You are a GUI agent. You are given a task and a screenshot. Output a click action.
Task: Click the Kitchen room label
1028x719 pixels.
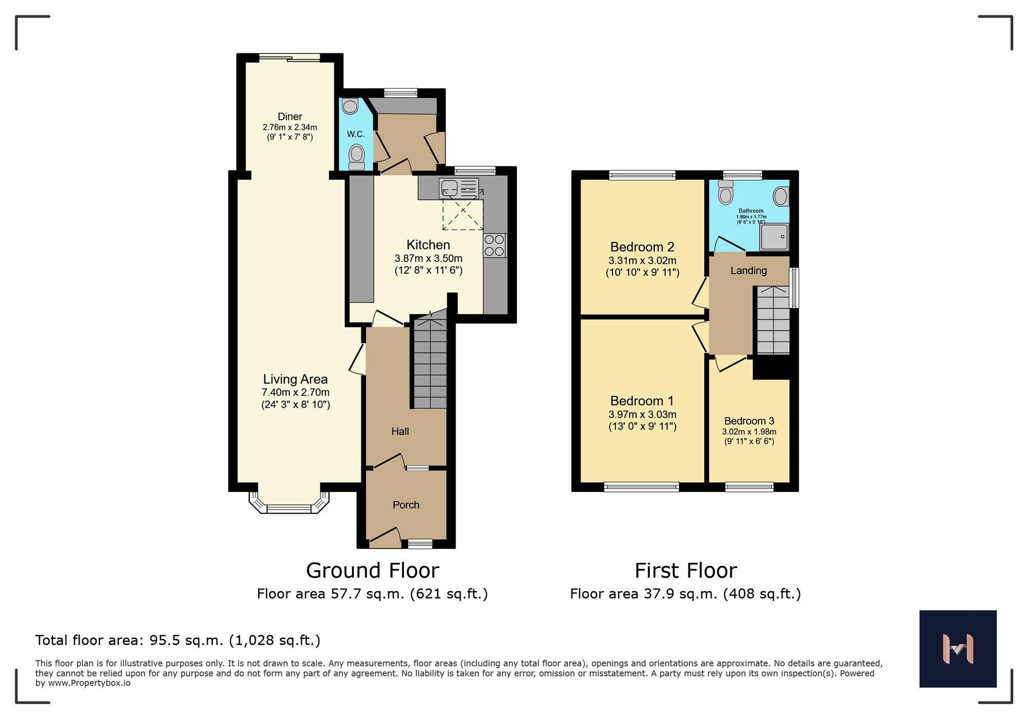tap(428, 245)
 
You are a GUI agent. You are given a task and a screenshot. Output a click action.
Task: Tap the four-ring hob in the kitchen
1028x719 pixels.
tap(494, 245)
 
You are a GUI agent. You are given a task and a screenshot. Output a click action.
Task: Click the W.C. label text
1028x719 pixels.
tap(356, 135)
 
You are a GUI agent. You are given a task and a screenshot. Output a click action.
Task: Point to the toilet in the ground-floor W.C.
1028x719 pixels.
tap(357, 157)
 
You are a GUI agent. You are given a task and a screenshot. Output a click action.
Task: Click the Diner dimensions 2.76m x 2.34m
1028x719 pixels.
tap(290, 127)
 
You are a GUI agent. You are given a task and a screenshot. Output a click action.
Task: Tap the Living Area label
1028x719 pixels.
tap(295, 380)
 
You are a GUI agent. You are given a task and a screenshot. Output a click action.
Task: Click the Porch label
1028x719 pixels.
tap(406, 505)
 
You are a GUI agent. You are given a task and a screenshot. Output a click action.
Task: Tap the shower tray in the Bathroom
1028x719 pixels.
tap(774, 237)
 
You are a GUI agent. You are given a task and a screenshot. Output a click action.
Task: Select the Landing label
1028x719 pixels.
tap(748, 271)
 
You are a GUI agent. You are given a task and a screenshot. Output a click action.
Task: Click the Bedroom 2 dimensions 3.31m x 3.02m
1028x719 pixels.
tap(642, 260)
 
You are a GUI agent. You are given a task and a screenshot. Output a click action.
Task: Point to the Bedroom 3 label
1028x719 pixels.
tap(749, 421)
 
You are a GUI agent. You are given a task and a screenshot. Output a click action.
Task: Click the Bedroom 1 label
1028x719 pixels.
tap(642, 401)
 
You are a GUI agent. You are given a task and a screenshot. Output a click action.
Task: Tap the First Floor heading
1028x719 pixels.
tap(686, 571)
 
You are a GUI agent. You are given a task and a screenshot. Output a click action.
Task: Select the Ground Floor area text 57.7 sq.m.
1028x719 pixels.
tap(372, 594)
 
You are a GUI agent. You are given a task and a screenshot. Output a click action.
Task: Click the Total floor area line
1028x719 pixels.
tap(178, 640)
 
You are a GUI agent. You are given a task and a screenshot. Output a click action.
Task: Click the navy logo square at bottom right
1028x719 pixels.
tap(958, 649)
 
